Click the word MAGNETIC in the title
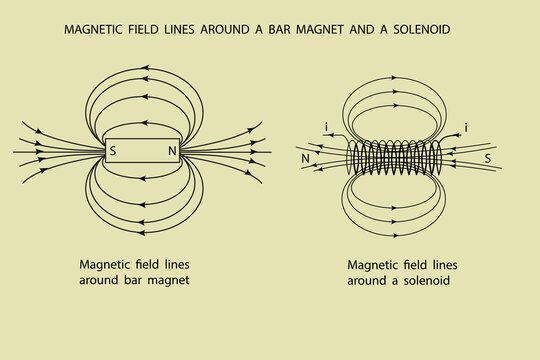[98, 30]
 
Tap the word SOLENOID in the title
[415, 30]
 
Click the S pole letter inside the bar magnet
[113, 152]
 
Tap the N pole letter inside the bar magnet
[172, 152]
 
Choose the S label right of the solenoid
[487, 158]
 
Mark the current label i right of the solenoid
[466, 127]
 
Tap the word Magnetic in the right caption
[372, 265]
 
